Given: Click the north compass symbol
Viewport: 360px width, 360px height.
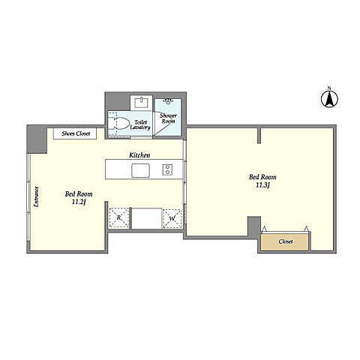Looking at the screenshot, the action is coord(329,99).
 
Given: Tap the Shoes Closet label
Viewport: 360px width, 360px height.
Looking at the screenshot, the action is coord(76,133).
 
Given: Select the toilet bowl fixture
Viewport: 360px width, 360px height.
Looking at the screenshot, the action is coord(118,124).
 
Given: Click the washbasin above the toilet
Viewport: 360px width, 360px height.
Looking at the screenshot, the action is coord(142,103).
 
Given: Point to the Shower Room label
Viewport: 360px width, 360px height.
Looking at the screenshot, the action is coord(168,118).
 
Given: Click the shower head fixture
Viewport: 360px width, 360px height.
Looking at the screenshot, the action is coord(168,101).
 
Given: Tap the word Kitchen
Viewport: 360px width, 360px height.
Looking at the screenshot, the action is coord(139,155).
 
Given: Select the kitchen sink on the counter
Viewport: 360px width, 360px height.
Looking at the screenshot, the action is coord(141,171).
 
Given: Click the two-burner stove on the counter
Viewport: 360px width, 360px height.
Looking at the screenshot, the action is coord(167,169).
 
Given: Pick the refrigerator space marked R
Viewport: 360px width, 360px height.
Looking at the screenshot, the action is coord(118,218).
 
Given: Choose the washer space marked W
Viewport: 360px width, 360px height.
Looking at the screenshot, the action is coord(172,218).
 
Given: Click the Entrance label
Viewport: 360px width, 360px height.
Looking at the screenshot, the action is coord(37,196).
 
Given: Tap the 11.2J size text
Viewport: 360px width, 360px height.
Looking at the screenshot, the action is coord(79,202).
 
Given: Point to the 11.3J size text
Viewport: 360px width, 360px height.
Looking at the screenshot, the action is coord(263,185).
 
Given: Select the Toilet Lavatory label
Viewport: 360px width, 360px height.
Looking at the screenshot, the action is coord(140,124).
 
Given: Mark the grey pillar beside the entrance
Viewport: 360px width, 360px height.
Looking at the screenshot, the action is coord(37,139).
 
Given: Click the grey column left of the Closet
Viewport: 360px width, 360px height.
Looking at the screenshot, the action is coord(254,226).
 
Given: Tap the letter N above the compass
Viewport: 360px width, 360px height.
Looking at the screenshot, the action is coord(329,88).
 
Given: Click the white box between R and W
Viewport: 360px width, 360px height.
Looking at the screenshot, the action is coord(147,218).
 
